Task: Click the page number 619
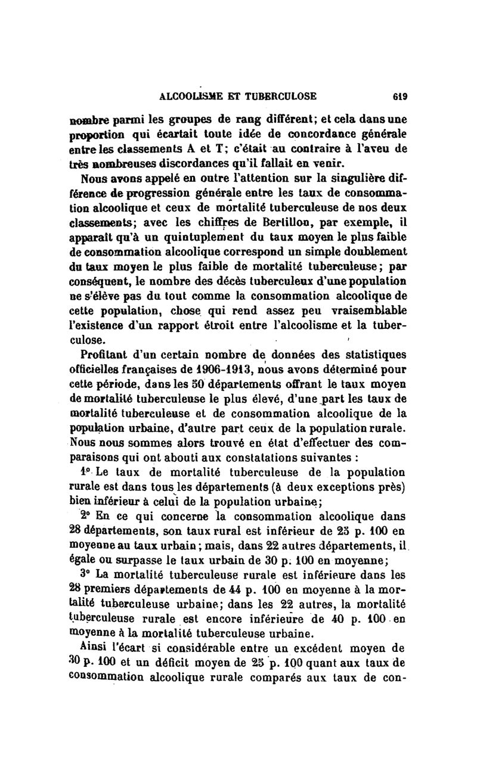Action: tap(399, 95)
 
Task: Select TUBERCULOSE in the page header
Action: tap(283, 95)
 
